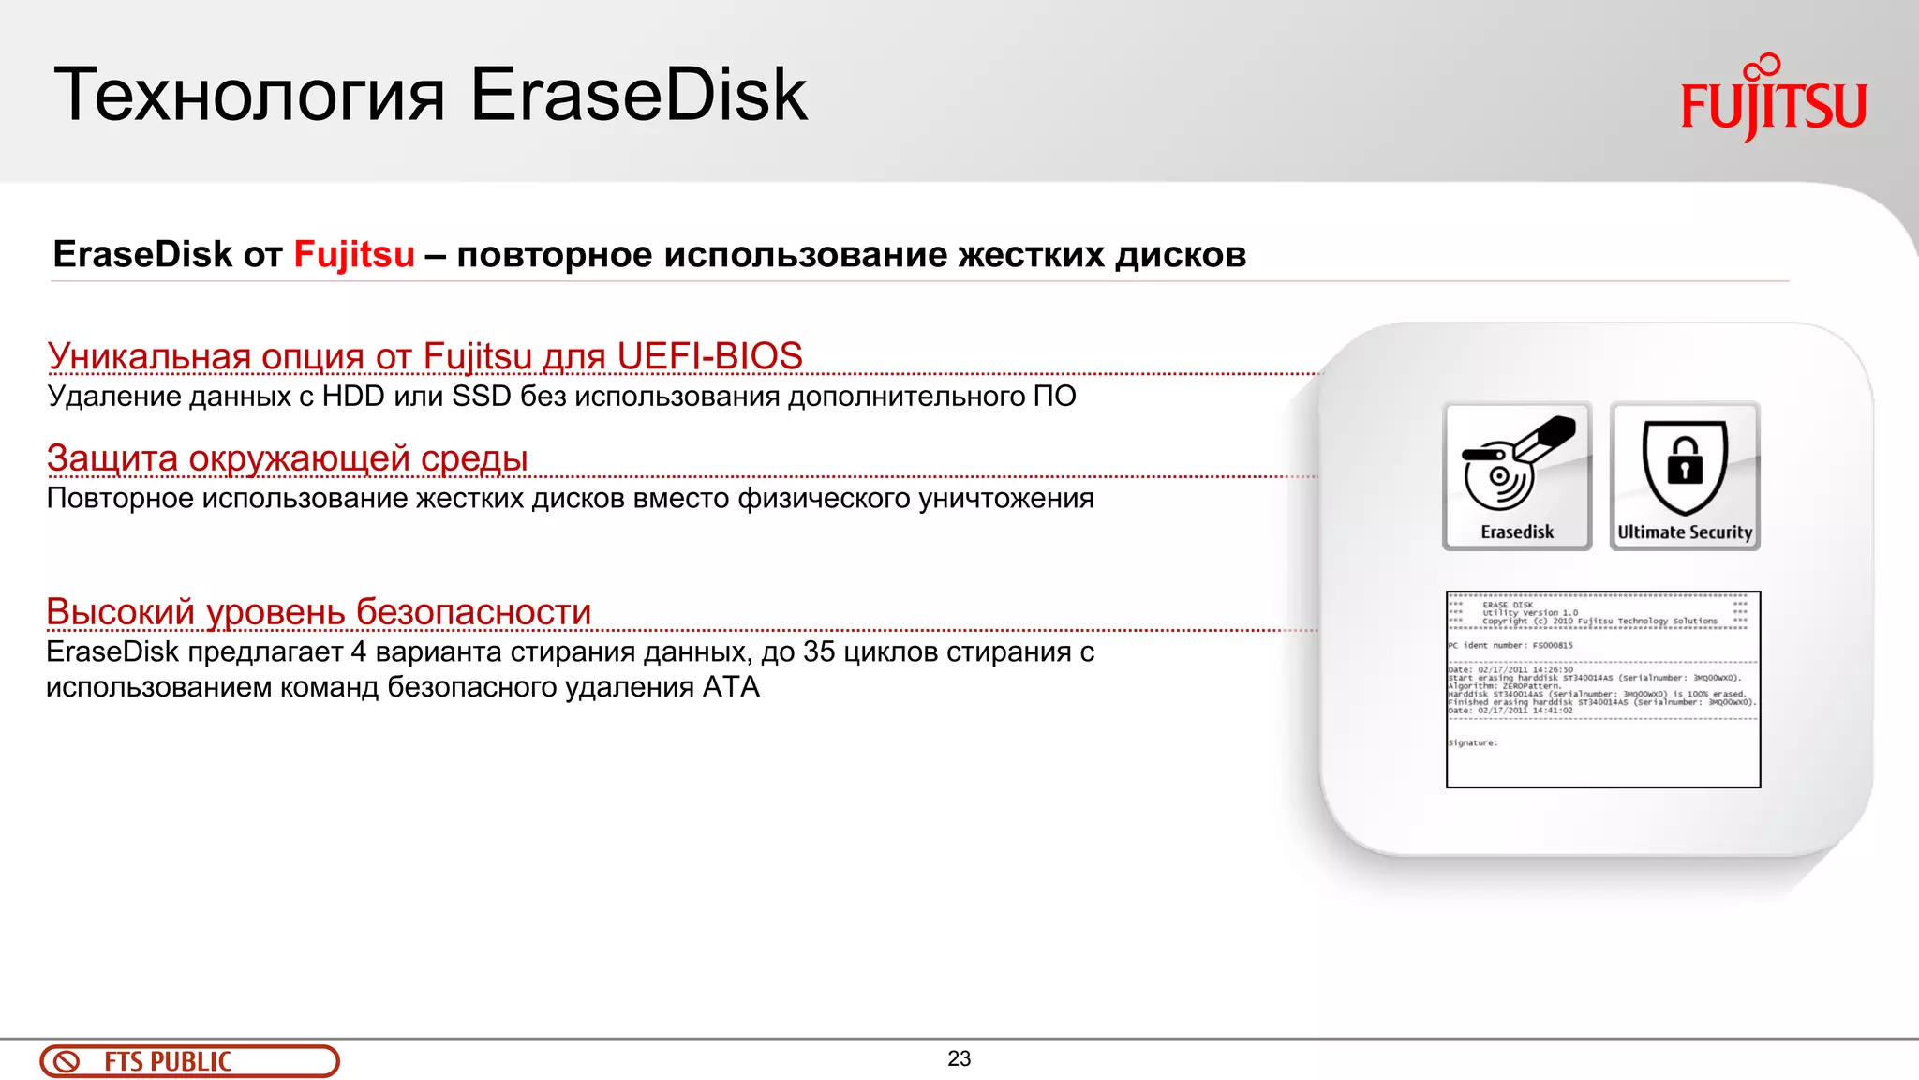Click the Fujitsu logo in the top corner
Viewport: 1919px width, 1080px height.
pyautogui.click(x=1773, y=101)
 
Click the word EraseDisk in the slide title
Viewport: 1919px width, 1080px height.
pyautogui.click(x=638, y=95)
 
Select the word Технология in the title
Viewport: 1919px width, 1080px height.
pyautogui.click(x=249, y=97)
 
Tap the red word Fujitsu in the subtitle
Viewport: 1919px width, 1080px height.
pyautogui.click(x=354, y=254)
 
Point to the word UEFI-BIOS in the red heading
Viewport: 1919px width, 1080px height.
pyautogui.click(x=709, y=356)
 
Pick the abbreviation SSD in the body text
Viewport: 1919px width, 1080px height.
pyautogui.click(x=482, y=397)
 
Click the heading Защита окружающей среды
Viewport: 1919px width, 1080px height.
pyautogui.click(x=287, y=458)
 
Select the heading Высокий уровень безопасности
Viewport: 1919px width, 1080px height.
pyautogui.click(x=319, y=612)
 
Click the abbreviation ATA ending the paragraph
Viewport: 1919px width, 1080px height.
pyautogui.click(x=731, y=687)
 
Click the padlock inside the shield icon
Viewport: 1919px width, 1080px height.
pyautogui.click(x=1685, y=462)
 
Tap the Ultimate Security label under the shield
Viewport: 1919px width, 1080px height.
pyautogui.click(x=1685, y=532)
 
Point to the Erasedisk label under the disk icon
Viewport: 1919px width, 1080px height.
pyautogui.click(x=1517, y=532)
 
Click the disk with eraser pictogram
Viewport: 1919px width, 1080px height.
pyautogui.click(x=1516, y=464)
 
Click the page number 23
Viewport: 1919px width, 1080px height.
pyautogui.click(x=959, y=1058)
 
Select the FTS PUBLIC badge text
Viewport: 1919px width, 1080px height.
pyautogui.click(x=168, y=1062)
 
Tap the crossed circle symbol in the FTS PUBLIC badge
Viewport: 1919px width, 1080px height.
pyautogui.click(x=67, y=1062)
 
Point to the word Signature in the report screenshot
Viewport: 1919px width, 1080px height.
pyautogui.click(x=1472, y=743)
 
